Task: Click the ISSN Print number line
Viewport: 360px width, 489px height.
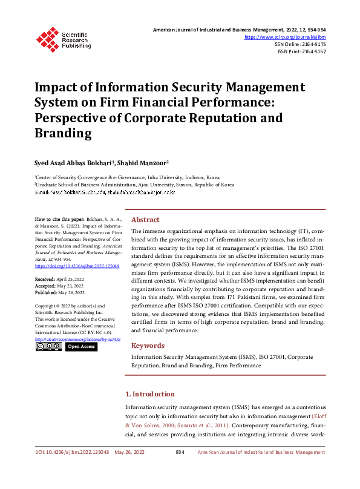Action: point(302,52)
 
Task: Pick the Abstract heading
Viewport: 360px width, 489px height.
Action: point(145,220)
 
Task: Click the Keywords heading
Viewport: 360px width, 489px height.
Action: point(148,346)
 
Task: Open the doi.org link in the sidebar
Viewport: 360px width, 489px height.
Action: point(77,266)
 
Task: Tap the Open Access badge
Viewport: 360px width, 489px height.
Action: point(80,347)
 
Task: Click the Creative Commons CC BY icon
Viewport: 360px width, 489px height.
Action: point(48,347)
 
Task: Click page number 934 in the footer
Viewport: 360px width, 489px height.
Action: point(180,452)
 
